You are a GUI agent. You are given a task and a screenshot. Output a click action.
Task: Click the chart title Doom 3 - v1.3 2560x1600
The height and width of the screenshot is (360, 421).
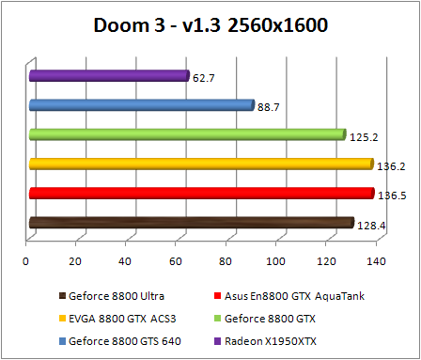pos(210,24)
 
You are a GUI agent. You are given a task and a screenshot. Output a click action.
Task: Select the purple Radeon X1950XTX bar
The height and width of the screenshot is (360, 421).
pos(109,75)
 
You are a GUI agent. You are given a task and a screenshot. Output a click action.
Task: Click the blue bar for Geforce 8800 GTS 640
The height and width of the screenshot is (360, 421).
pos(141,105)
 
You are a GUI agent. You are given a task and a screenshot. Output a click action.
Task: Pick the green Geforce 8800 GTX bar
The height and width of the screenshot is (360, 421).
pos(187,134)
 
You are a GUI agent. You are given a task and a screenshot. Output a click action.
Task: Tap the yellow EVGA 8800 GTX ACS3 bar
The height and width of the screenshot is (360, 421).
pos(201,164)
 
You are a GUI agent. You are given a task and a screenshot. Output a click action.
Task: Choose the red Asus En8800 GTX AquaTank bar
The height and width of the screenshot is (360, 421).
pos(201,194)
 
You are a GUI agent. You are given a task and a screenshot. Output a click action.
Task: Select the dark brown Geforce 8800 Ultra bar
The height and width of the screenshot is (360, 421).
pos(191,223)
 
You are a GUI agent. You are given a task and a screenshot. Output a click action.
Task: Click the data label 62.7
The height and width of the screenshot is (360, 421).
pos(204,78)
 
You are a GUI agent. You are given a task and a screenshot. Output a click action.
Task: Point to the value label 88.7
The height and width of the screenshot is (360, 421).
pos(269,107)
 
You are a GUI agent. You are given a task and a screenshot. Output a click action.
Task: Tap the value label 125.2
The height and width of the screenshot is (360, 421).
pos(363,137)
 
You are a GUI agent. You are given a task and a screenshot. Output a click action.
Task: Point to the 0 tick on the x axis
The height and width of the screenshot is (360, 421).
pos(27,260)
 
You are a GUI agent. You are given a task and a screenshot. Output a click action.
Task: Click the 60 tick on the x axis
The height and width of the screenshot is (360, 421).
pos(176,260)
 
